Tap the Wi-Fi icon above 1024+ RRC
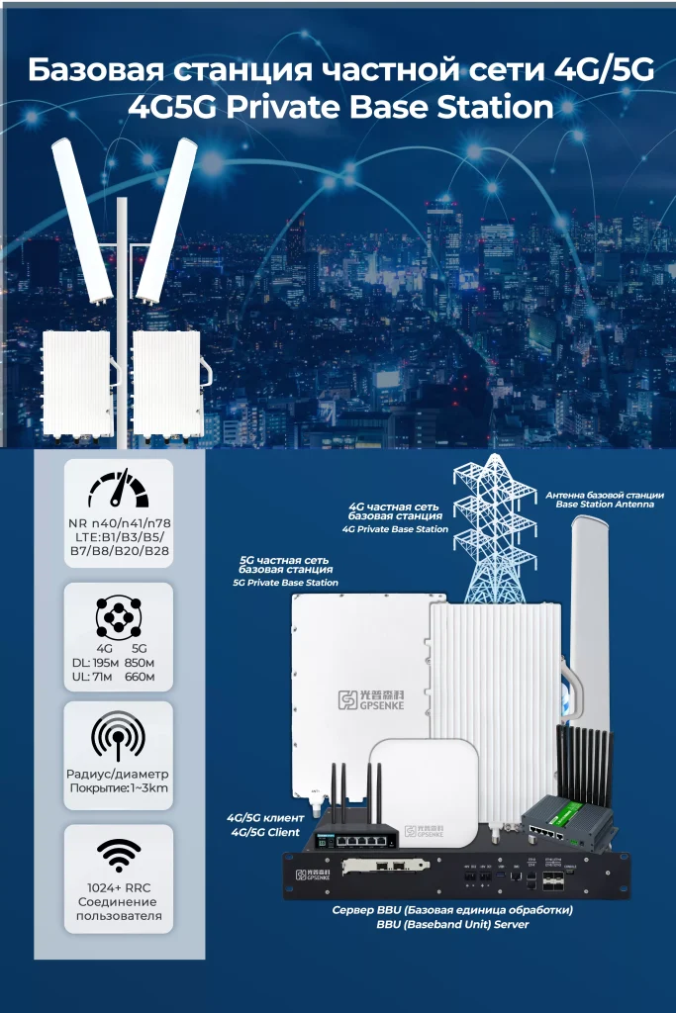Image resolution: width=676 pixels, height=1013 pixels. pyautogui.click(x=117, y=856)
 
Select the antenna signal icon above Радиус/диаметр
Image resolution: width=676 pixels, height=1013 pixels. pyautogui.click(x=117, y=734)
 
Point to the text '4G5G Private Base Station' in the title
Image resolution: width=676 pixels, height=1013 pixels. pyautogui.click(x=339, y=107)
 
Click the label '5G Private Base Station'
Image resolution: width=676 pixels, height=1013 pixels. pyautogui.click(x=285, y=583)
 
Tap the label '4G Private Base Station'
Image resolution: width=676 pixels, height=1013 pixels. pyautogui.click(x=395, y=529)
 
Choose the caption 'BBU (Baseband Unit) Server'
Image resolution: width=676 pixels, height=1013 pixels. pyautogui.click(x=452, y=924)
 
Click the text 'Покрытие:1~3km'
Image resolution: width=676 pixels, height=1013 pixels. pyautogui.click(x=117, y=786)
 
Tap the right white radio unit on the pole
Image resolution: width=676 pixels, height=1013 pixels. pyautogui.click(x=166, y=383)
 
